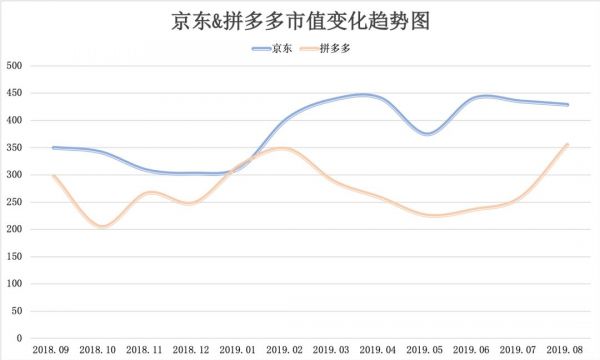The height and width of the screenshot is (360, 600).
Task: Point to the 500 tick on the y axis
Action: point(15,66)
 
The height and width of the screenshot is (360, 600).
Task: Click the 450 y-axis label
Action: point(15,93)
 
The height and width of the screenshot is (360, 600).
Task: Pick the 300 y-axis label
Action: point(15,175)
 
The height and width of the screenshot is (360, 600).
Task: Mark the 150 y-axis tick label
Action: point(15,257)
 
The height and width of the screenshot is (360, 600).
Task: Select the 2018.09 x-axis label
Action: point(52,351)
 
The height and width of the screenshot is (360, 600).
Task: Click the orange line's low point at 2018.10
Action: point(102,227)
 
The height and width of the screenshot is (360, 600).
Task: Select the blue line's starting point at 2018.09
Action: point(53,147)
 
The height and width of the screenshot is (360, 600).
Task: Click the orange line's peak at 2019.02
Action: point(286,148)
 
